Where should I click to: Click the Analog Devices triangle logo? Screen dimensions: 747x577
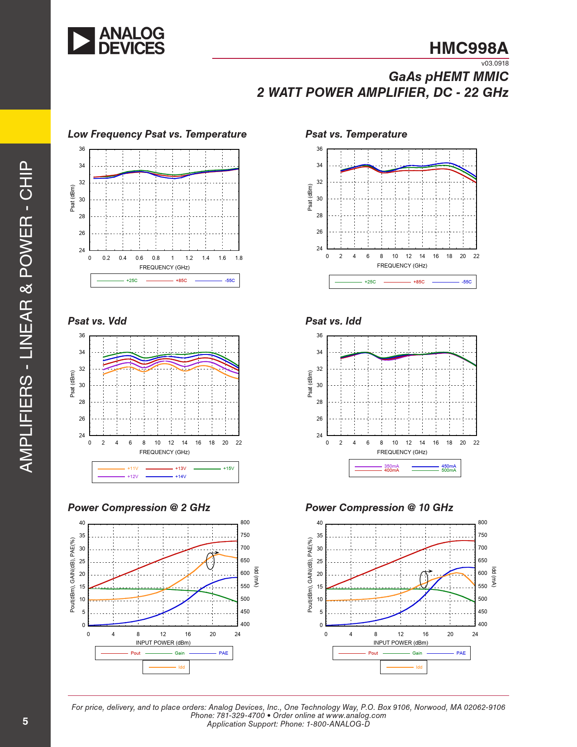click(x=81, y=41)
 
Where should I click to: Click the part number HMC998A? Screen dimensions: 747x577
click(x=469, y=48)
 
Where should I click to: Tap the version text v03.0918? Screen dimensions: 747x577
click(x=495, y=64)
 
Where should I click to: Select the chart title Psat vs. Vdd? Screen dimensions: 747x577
click(x=97, y=321)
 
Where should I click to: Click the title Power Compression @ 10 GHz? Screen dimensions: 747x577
click(x=379, y=508)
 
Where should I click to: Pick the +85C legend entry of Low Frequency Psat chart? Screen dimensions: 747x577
click(x=181, y=281)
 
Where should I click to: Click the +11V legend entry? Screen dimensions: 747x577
click(x=133, y=469)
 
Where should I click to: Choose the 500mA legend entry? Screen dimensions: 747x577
click(x=448, y=470)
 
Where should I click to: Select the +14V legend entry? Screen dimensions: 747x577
click(x=181, y=477)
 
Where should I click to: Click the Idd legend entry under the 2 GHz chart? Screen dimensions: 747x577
click(x=181, y=667)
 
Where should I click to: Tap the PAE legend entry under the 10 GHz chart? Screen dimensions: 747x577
click(x=461, y=653)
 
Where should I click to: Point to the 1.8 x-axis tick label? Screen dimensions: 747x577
click(x=238, y=258)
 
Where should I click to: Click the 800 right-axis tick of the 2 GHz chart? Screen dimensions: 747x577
click(x=245, y=522)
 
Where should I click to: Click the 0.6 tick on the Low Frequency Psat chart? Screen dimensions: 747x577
click(x=139, y=258)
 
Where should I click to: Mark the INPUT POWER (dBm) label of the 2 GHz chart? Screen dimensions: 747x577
click(x=163, y=643)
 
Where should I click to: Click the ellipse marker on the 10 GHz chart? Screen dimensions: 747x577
click(x=424, y=579)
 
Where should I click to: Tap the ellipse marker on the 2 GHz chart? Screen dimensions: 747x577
click(x=210, y=561)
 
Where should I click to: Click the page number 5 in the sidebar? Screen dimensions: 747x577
click(x=25, y=721)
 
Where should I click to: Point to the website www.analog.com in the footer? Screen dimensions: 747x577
click(x=356, y=715)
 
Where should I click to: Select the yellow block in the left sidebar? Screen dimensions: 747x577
click(x=25, y=126)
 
